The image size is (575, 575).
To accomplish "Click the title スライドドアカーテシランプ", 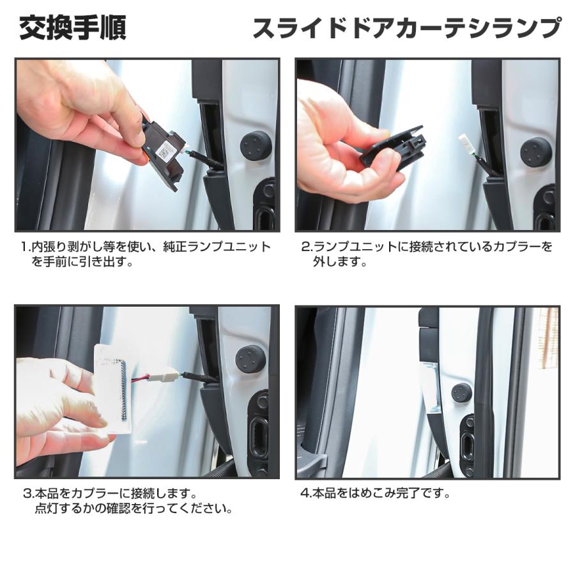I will pos(406,29).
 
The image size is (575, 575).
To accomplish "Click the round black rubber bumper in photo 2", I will pos(535,152).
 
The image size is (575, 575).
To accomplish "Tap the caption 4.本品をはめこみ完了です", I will pos(376,493).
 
